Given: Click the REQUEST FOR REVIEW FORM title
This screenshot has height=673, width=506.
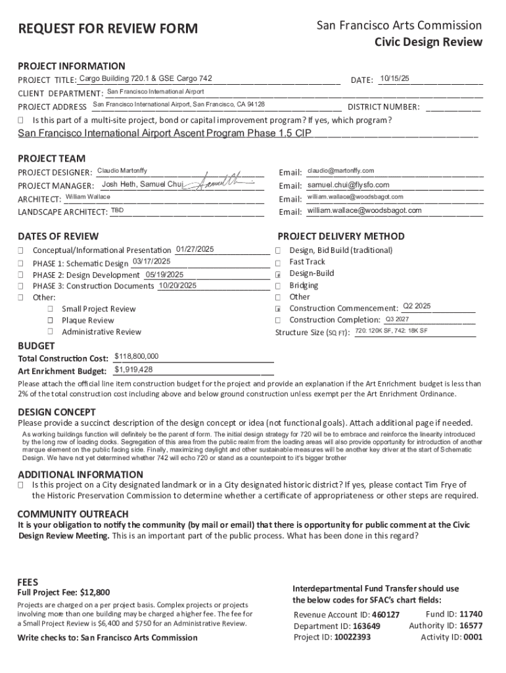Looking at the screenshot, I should point(107,28).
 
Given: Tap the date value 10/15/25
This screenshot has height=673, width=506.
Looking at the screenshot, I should point(394,79).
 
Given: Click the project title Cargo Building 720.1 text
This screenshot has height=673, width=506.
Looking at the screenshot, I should point(145,79).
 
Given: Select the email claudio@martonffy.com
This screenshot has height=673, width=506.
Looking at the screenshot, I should point(341,171).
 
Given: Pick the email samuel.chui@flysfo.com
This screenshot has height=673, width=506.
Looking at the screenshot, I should point(348,185).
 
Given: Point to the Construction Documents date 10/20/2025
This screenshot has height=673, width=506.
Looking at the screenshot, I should point(177,285).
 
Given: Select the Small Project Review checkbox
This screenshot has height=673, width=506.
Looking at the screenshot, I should point(50,309).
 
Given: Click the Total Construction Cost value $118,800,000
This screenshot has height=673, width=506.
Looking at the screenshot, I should point(136,356).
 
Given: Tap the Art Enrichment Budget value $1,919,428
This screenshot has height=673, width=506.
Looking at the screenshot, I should point(133,369).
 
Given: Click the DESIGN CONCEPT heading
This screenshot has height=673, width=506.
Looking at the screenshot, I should point(57,412).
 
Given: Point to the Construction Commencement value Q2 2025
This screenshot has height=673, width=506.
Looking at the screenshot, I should point(417,306).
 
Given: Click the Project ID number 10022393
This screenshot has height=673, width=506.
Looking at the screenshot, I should point(352,637).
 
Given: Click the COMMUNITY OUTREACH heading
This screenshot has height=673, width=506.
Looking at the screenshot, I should point(73,514).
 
